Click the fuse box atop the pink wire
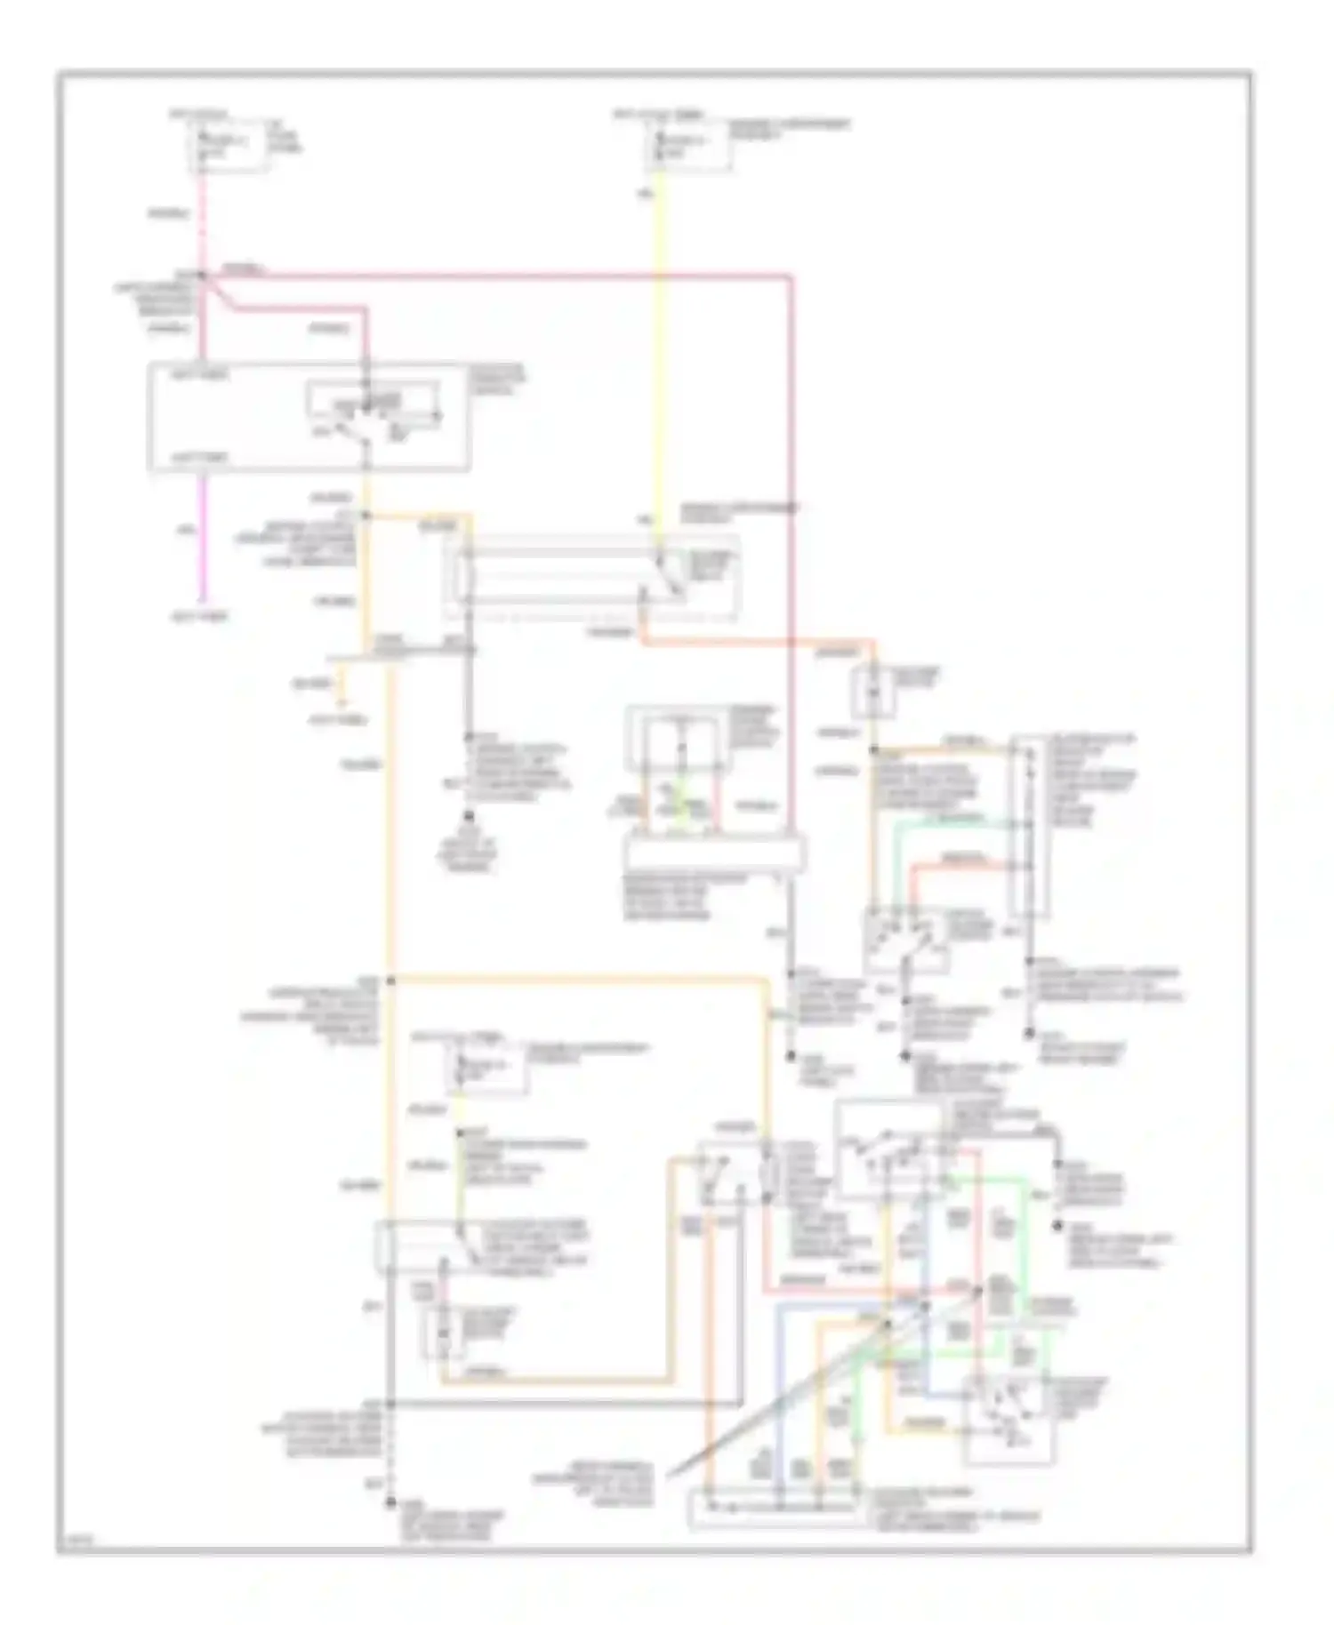229,146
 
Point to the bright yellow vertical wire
659,356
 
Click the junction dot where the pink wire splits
204,276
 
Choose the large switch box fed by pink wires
308,415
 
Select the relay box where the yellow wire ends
591,575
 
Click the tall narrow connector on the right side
1029,827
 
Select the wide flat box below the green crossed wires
716,853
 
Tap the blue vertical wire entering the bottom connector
779,1405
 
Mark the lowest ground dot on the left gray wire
390,1502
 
